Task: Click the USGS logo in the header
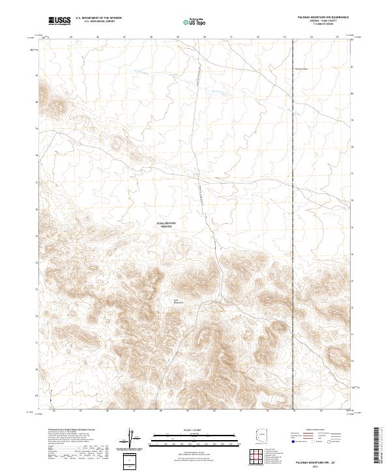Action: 59,21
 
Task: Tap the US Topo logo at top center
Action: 190,21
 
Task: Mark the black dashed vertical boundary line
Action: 294,195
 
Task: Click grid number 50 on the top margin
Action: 204,37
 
